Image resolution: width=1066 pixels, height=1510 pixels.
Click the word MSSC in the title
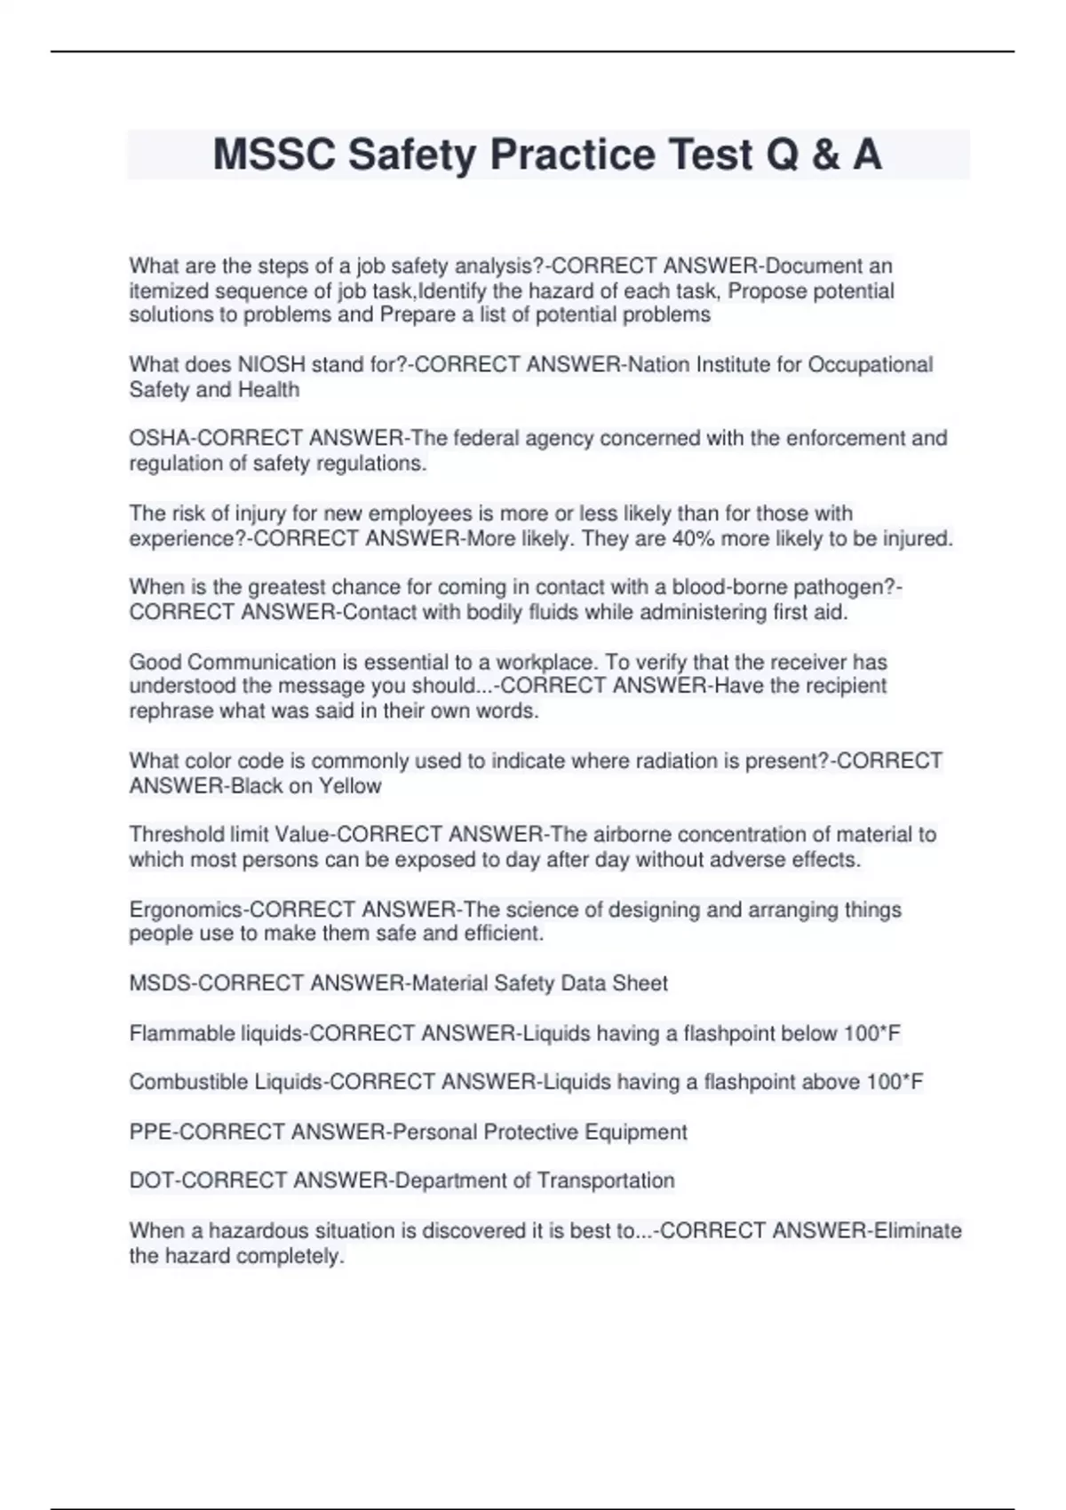273,155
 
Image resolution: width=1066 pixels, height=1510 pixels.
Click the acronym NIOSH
271,364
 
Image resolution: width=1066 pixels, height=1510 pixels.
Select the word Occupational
870,364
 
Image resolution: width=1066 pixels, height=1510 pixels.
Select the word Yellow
350,786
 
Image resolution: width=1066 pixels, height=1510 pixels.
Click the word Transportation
606,1180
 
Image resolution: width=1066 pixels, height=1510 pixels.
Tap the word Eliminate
918,1230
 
